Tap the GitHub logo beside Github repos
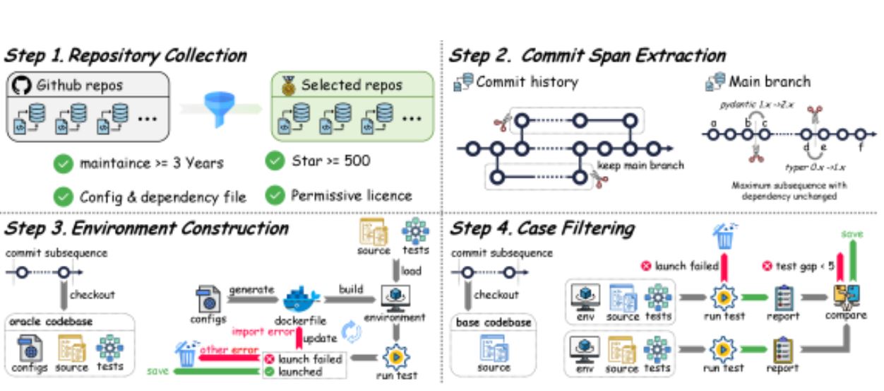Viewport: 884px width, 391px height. pos(20,86)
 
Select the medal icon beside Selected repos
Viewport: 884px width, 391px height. pos(287,86)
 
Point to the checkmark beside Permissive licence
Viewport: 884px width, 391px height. pos(275,194)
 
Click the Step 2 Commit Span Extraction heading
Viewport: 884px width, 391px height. pos(587,56)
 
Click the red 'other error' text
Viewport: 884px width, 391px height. pos(225,349)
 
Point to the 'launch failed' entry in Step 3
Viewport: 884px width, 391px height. pos(309,359)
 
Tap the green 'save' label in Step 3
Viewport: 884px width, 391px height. pos(158,370)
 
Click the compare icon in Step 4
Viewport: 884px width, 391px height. pos(846,294)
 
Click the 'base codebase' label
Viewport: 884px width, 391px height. pos(493,322)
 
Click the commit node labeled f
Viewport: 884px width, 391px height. pos(860,134)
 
